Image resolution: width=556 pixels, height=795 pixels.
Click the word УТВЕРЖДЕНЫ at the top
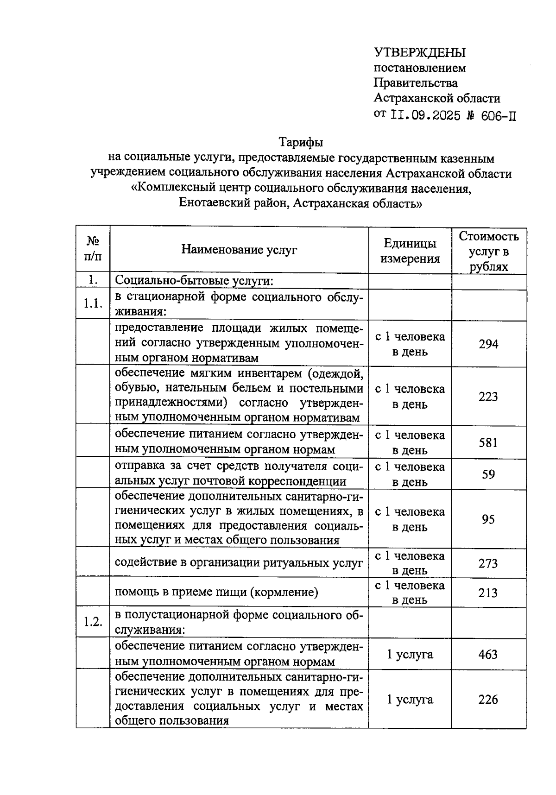point(419,52)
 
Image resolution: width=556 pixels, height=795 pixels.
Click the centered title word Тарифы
point(301,142)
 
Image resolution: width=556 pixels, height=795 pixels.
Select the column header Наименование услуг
point(239,250)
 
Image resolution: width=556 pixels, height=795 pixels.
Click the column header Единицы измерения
point(410,251)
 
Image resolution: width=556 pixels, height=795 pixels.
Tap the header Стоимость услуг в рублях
point(489,252)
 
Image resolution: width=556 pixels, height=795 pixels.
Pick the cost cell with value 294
point(488,344)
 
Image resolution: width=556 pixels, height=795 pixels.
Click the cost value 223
point(488,397)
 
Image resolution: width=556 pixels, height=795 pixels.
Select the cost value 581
point(488,442)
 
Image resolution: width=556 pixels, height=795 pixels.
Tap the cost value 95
point(488,519)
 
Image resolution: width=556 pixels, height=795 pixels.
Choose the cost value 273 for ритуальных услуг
point(488,563)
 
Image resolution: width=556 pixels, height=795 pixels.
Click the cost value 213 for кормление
point(488,593)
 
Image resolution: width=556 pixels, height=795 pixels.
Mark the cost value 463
point(488,654)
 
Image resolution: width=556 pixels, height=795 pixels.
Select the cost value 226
point(488,699)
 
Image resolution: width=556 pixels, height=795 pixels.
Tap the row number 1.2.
point(93,622)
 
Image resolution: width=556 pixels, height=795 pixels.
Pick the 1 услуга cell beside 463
point(410,654)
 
